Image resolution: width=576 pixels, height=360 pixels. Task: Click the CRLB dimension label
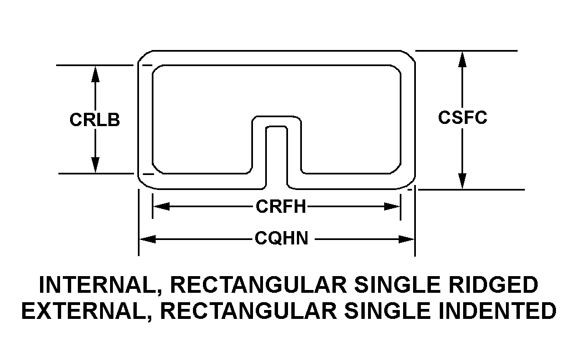95,120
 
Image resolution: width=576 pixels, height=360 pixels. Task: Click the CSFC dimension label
462,118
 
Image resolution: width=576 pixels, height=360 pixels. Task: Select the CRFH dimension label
281,207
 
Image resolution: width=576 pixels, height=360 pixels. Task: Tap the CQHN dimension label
281,239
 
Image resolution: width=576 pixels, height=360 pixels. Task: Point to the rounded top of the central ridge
276,118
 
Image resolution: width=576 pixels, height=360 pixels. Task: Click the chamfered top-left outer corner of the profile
143,56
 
